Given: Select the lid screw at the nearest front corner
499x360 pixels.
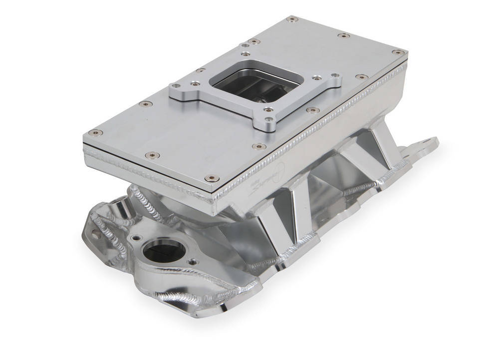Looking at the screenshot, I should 213,178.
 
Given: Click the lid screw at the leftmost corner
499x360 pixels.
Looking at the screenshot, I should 93,133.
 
